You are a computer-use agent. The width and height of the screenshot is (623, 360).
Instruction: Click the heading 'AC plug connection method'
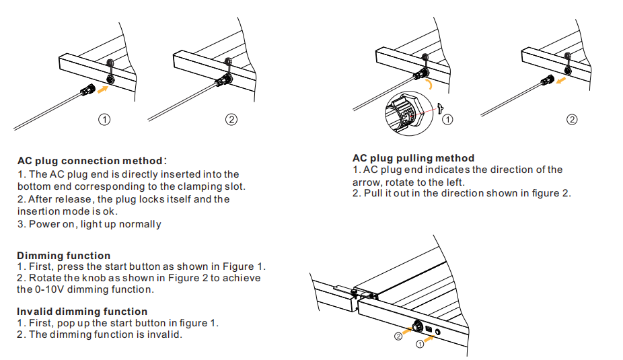pyautogui.click(x=90, y=161)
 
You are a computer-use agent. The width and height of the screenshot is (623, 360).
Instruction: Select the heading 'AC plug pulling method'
pyautogui.click(x=413, y=159)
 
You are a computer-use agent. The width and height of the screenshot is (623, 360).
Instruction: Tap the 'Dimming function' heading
pyautogui.click(x=64, y=256)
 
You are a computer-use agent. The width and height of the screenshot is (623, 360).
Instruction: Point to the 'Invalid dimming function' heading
pyautogui.click(x=82, y=312)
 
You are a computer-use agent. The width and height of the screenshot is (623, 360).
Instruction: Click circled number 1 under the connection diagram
pyautogui.click(x=104, y=119)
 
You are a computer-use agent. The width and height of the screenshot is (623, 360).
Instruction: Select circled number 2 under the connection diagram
pyautogui.click(x=231, y=119)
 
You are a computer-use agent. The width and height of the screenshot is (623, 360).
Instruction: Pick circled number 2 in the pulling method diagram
pyautogui.click(x=572, y=120)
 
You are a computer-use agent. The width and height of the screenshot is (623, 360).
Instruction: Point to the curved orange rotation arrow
pyautogui.click(x=429, y=83)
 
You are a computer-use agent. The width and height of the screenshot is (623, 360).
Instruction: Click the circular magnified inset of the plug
pyautogui.click(x=405, y=110)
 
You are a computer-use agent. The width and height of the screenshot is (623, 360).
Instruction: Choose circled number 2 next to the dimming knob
pyautogui.click(x=398, y=335)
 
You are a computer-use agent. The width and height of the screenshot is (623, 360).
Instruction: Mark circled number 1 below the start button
pyautogui.click(x=420, y=344)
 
